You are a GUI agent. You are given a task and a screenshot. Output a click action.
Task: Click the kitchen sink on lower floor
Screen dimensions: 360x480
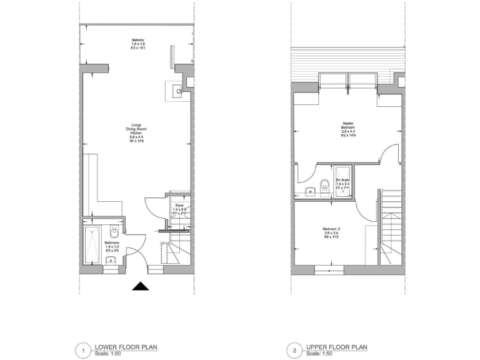[177, 91]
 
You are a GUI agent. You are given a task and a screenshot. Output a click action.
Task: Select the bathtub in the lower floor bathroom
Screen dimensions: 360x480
[92, 245]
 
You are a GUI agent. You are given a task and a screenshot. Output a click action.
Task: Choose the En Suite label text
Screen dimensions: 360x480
[343, 181]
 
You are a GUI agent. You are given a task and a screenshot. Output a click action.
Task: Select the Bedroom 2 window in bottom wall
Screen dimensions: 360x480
[331, 270]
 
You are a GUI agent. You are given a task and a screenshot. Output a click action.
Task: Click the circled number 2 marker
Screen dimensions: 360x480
[292, 351]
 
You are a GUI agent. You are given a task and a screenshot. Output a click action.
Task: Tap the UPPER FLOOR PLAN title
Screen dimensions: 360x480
[336, 347]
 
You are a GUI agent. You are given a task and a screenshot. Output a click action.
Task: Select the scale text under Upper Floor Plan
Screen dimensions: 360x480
[319, 354]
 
